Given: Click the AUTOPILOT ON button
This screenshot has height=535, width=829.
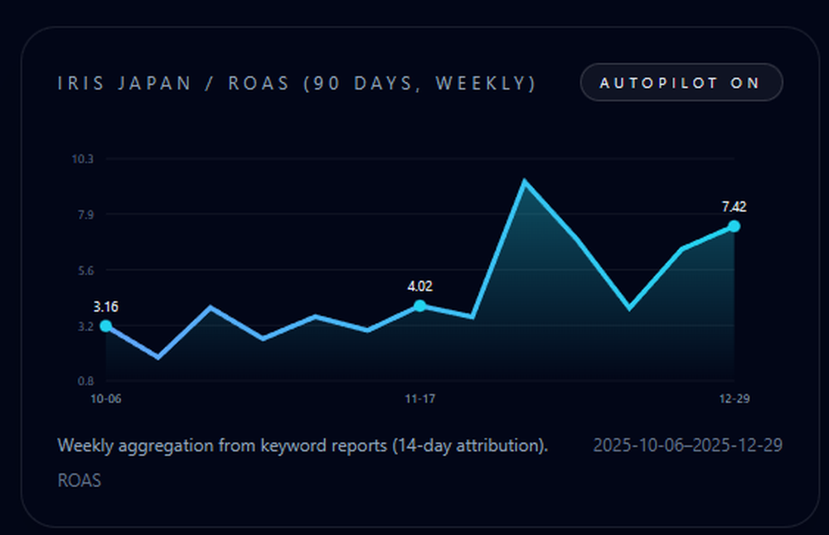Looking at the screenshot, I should pyautogui.click(x=681, y=83).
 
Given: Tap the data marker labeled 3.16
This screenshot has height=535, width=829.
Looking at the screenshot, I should pyautogui.click(x=106, y=325).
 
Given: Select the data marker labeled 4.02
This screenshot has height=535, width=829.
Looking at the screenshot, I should pyautogui.click(x=420, y=306).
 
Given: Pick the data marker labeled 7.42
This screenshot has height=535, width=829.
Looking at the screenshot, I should pyautogui.click(x=734, y=226).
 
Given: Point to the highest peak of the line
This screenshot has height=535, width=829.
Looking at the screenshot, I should pyautogui.click(x=524, y=181).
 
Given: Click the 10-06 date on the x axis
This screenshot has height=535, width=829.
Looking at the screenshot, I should pyautogui.click(x=106, y=399).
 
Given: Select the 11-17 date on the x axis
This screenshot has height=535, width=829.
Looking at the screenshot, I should pyautogui.click(x=420, y=399).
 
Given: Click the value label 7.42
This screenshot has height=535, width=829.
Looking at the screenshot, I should pyautogui.click(x=734, y=207).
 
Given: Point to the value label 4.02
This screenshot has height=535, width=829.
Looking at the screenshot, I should pyautogui.click(x=420, y=287).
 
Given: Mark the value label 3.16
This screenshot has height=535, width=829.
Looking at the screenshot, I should pyautogui.click(x=106, y=306).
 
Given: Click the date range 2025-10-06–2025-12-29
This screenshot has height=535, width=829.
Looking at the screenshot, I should pyautogui.click(x=687, y=446).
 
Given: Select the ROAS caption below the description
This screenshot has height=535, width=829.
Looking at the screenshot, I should pyautogui.click(x=80, y=480).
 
